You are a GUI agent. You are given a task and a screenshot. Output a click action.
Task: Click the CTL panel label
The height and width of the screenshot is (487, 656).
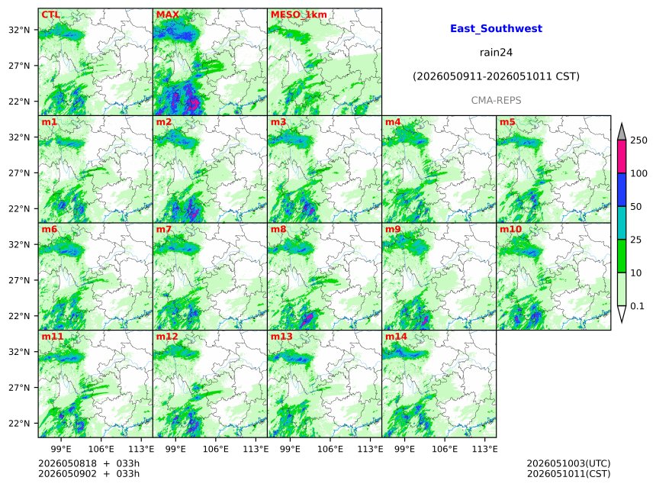[50, 15]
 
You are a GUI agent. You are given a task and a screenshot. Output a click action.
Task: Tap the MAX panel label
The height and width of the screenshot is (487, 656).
[167, 15]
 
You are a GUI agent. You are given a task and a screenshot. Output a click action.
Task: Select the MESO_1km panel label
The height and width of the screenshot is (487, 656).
[299, 15]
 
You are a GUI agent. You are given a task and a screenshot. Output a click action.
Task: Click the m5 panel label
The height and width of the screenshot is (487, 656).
[507, 122]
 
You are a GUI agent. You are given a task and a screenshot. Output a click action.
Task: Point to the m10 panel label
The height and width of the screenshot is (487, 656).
[510, 229]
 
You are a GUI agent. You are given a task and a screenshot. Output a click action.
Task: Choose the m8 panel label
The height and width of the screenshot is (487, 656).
[278, 229]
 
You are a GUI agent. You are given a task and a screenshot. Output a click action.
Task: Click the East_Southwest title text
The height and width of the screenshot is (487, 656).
[496, 28]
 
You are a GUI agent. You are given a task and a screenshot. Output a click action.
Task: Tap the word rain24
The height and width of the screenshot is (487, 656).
[496, 53]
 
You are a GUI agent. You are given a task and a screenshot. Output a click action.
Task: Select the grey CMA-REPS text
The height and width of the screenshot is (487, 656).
[496, 101]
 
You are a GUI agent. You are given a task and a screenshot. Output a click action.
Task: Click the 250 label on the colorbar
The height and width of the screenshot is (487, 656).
[639, 140]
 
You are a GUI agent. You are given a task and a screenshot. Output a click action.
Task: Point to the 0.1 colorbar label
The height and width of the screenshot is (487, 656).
[637, 306]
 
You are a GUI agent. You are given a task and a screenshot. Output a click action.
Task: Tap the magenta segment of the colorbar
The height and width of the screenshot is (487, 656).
[622, 156]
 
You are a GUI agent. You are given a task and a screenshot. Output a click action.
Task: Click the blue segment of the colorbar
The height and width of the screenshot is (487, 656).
[622, 190]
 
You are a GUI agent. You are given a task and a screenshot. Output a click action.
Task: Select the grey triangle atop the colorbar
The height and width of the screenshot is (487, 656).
[622, 132]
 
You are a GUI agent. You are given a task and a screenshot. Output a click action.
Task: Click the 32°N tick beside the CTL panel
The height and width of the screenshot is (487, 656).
[19, 30]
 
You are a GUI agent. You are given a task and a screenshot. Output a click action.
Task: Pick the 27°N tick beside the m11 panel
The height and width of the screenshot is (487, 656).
[19, 388]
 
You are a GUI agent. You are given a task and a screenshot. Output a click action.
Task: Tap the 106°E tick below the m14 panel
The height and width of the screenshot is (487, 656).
[445, 449]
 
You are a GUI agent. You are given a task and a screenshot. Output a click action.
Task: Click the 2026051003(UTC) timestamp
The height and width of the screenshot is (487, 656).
[568, 463]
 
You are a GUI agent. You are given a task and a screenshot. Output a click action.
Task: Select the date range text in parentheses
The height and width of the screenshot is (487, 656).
[496, 76]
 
